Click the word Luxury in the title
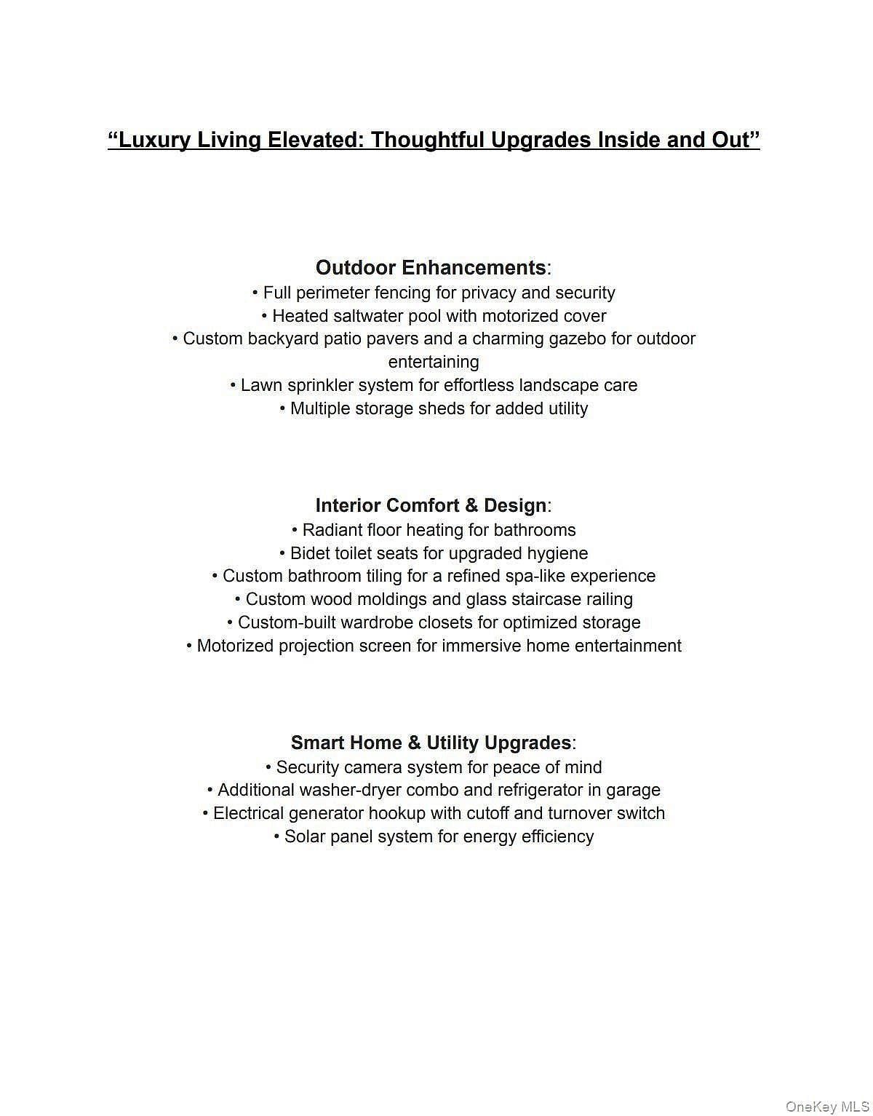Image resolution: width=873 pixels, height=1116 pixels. [x=154, y=140]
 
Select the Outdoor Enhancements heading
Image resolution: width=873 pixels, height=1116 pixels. [x=431, y=268]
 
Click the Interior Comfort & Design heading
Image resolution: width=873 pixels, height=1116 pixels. [x=431, y=505]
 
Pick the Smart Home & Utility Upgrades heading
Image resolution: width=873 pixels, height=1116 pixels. [x=431, y=743]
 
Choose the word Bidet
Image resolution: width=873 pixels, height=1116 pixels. [x=310, y=553]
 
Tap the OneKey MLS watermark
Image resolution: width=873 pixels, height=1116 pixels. [x=827, y=1107]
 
